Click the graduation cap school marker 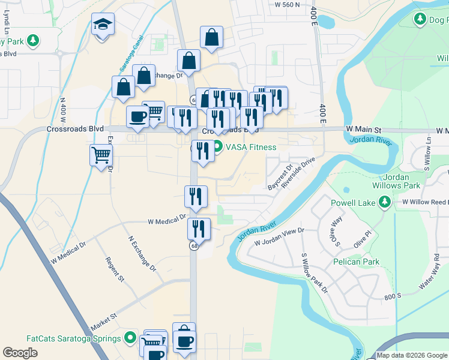(x=103, y=25)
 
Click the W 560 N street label (x=286, y=5)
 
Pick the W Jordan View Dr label (x=279, y=237)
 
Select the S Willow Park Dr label (x=314, y=273)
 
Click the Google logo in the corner (x=20, y=352)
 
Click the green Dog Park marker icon (x=421, y=20)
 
